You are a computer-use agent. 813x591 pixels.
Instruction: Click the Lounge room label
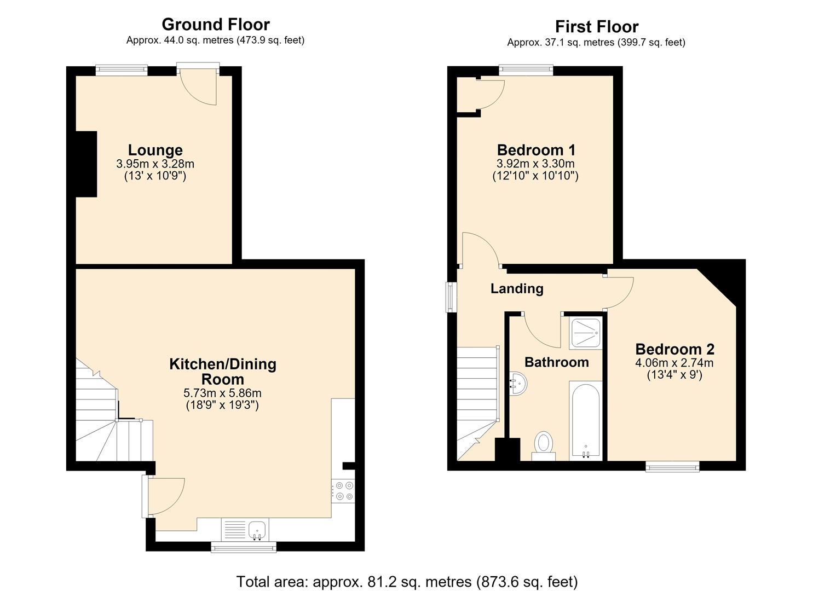pyautogui.click(x=155, y=150)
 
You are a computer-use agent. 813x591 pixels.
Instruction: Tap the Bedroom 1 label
pyautogui.click(x=536, y=150)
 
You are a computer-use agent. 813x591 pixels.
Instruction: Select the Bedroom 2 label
pyautogui.click(x=674, y=349)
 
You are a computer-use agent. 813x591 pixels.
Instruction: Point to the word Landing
pyautogui.click(x=517, y=288)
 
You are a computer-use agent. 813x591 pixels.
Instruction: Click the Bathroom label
pyautogui.click(x=556, y=362)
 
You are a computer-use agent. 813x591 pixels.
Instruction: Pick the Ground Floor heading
pyautogui.click(x=216, y=25)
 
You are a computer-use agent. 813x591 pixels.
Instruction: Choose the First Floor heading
pyautogui.click(x=597, y=27)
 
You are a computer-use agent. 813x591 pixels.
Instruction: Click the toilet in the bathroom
pyautogui.click(x=543, y=446)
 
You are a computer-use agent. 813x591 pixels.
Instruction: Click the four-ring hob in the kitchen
pyautogui.click(x=343, y=491)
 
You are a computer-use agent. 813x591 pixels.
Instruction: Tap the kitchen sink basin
pyautogui.click(x=257, y=529)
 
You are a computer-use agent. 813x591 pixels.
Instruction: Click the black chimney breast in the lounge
pyautogui.click(x=87, y=164)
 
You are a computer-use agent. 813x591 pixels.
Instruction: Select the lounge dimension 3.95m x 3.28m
pyautogui.click(x=155, y=164)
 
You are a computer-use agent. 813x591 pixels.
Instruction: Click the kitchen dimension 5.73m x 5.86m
pyautogui.click(x=222, y=393)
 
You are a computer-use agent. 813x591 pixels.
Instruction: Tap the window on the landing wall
pyautogui.click(x=451, y=297)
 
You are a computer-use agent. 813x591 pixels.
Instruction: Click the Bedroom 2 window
pyautogui.click(x=672, y=466)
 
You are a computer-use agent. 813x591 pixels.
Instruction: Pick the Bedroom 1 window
pyautogui.click(x=526, y=70)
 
